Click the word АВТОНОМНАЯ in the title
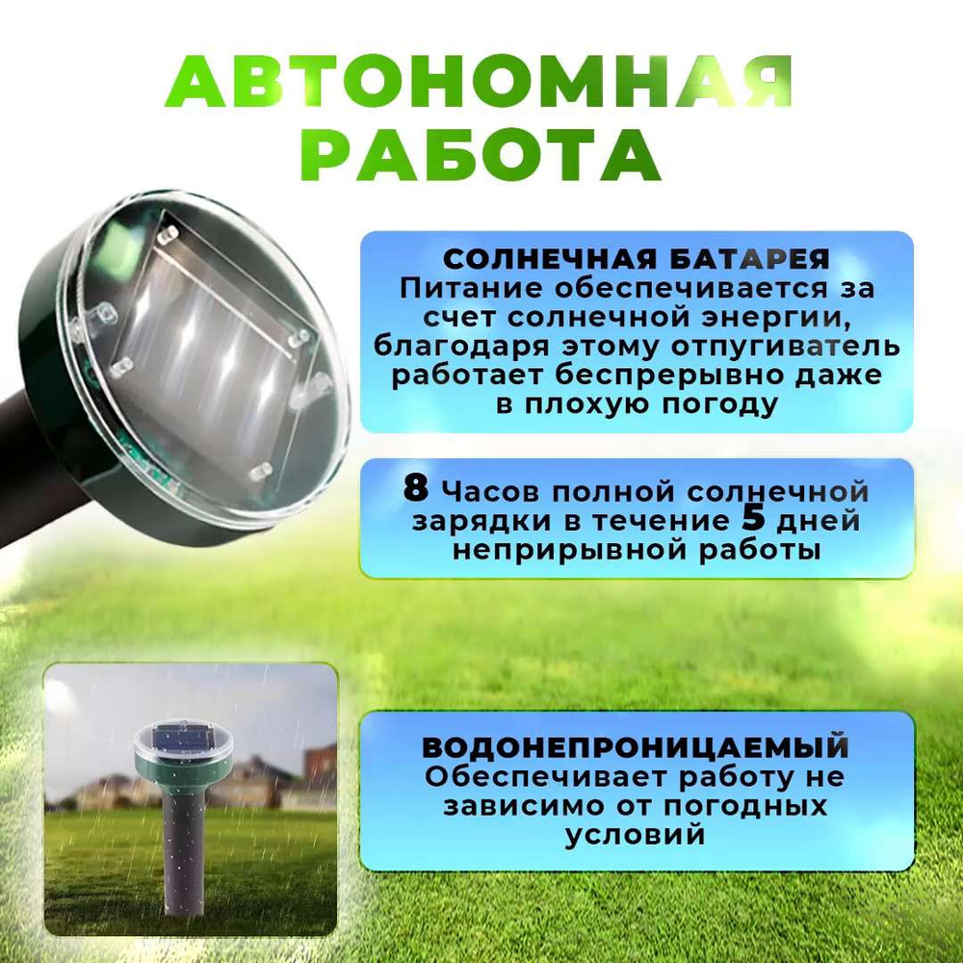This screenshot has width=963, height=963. pos(479,83)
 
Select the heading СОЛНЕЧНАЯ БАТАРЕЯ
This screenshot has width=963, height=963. pos(637,259)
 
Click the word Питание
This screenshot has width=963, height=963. pos(471,289)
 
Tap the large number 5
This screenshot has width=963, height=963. pos(754,518)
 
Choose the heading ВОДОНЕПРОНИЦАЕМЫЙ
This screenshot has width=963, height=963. pos(636,747)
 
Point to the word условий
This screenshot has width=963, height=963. pos(635,836)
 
